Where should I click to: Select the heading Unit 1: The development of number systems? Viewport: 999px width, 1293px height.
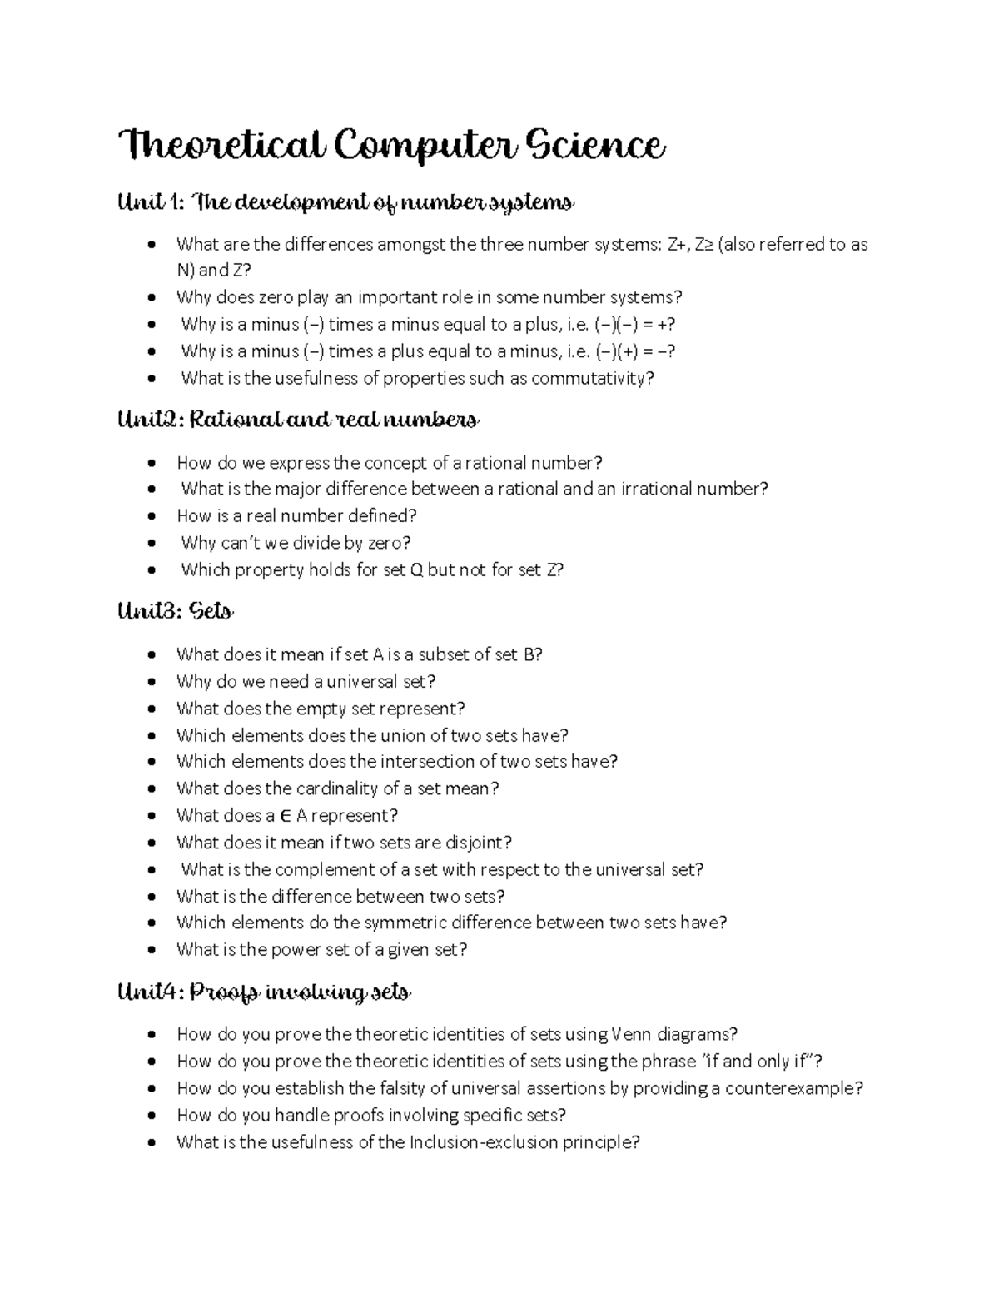click(346, 202)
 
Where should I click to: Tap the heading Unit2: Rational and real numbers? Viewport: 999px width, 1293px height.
click(298, 420)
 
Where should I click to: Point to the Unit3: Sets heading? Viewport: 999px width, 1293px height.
click(176, 612)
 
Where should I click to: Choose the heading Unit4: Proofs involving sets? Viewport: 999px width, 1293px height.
click(265, 992)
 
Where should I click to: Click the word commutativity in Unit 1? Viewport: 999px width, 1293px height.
click(589, 379)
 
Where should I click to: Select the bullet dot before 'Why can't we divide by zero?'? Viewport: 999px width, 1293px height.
click(151, 544)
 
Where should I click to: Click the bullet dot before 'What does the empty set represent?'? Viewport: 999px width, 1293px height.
click(151, 709)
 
